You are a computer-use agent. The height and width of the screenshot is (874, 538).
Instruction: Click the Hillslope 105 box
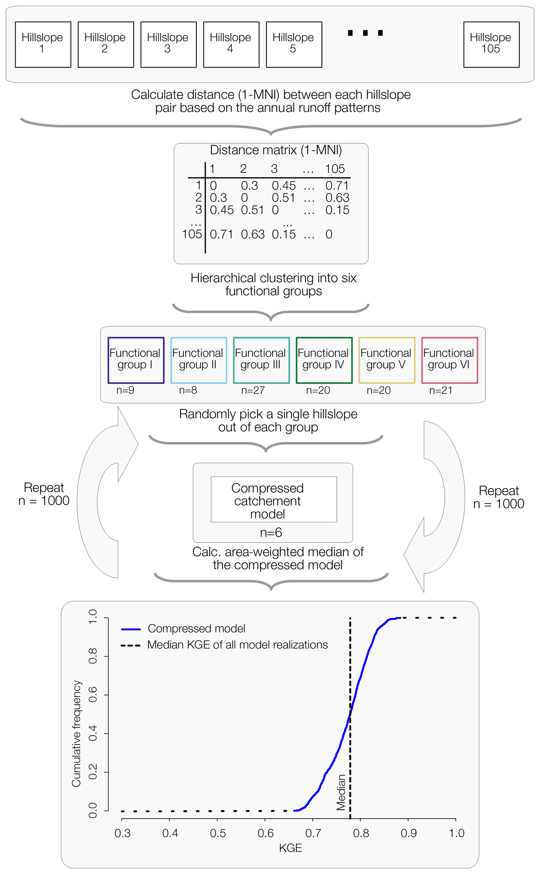pyautogui.click(x=491, y=44)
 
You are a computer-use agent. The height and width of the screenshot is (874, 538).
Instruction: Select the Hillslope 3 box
pyautogui.click(x=168, y=44)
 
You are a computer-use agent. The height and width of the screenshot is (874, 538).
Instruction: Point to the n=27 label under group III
pyautogui.click(x=253, y=390)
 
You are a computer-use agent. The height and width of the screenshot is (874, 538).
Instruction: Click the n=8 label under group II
pyautogui.click(x=188, y=390)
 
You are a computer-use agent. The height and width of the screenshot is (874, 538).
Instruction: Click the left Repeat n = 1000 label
pyautogui.click(x=44, y=494)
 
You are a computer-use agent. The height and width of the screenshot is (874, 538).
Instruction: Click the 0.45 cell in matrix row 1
pyautogui.click(x=284, y=186)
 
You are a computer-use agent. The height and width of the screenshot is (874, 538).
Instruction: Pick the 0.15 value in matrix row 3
pyautogui.click(x=337, y=210)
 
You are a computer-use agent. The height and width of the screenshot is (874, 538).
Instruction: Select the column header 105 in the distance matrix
pyautogui.click(x=334, y=169)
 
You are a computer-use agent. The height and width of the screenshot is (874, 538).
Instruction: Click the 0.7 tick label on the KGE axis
pyautogui.click(x=313, y=833)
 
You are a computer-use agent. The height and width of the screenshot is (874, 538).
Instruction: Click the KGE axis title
pyautogui.click(x=290, y=848)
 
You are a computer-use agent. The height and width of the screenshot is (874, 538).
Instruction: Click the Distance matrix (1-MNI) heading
pyautogui.click(x=276, y=150)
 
